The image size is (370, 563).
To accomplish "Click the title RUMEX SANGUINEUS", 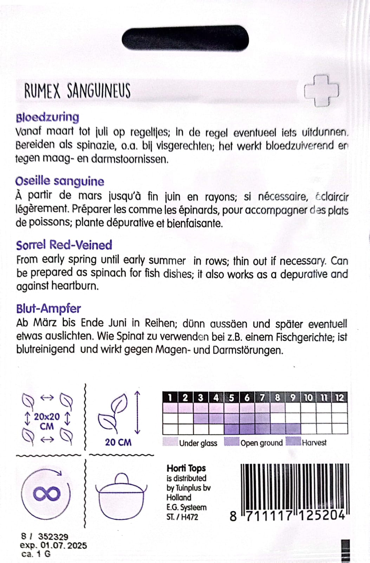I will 77,91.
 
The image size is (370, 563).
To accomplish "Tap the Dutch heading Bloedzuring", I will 47,117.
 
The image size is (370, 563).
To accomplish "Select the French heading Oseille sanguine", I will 60,181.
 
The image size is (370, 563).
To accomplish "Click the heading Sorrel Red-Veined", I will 64,245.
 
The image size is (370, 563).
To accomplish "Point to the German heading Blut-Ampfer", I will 48,309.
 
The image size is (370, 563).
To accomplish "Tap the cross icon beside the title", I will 321,91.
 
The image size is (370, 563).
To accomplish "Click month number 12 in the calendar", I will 339,398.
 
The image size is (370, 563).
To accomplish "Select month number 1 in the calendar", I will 170,398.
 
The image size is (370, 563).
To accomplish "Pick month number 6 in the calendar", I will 247,398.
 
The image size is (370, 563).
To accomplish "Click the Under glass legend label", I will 198,443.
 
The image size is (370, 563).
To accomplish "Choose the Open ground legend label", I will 261,443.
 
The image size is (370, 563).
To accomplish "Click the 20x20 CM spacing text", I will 47,421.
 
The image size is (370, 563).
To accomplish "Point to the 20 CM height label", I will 118,442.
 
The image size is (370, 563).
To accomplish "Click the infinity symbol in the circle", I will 46,494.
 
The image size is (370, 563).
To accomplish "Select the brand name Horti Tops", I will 186,468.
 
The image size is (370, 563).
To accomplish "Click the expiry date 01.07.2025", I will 64,545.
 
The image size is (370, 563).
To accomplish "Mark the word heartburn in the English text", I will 74,286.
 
